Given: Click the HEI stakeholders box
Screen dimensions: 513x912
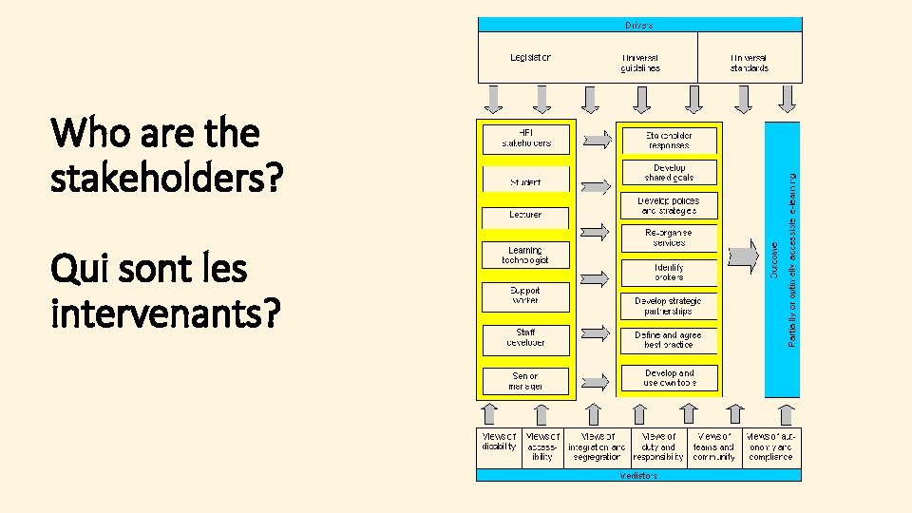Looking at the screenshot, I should [x=525, y=139].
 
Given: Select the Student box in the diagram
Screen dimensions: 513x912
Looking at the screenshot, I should [x=525, y=180].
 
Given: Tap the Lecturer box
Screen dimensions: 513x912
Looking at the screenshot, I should [x=525, y=215].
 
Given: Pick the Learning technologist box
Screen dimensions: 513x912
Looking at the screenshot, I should [x=525, y=256].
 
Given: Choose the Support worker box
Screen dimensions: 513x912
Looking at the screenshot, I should [x=525, y=294].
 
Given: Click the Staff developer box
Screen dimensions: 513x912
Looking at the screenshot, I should [x=525, y=337].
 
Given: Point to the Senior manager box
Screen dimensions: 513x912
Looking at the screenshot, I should [x=525, y=381].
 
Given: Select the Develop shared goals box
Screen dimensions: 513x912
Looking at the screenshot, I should [x=669, y=173].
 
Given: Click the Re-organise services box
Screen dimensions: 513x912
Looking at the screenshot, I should [x=669, y=237].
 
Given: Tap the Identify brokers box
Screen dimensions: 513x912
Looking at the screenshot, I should [x=669, y=272].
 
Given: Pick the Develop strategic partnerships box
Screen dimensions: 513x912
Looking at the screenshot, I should [x=669, y=306].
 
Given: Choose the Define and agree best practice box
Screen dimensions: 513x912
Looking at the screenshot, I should [x=669, y=340].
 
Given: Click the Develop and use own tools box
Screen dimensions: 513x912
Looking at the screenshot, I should [x=669, y=378].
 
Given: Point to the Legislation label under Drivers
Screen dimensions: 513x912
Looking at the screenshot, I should [x=530, y=57].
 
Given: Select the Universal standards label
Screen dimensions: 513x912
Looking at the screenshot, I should [x=750, y=63].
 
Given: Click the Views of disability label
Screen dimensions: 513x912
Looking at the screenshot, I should [x=500, y=442].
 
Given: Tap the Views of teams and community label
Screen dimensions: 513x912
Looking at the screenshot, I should [x=713, y=446].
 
